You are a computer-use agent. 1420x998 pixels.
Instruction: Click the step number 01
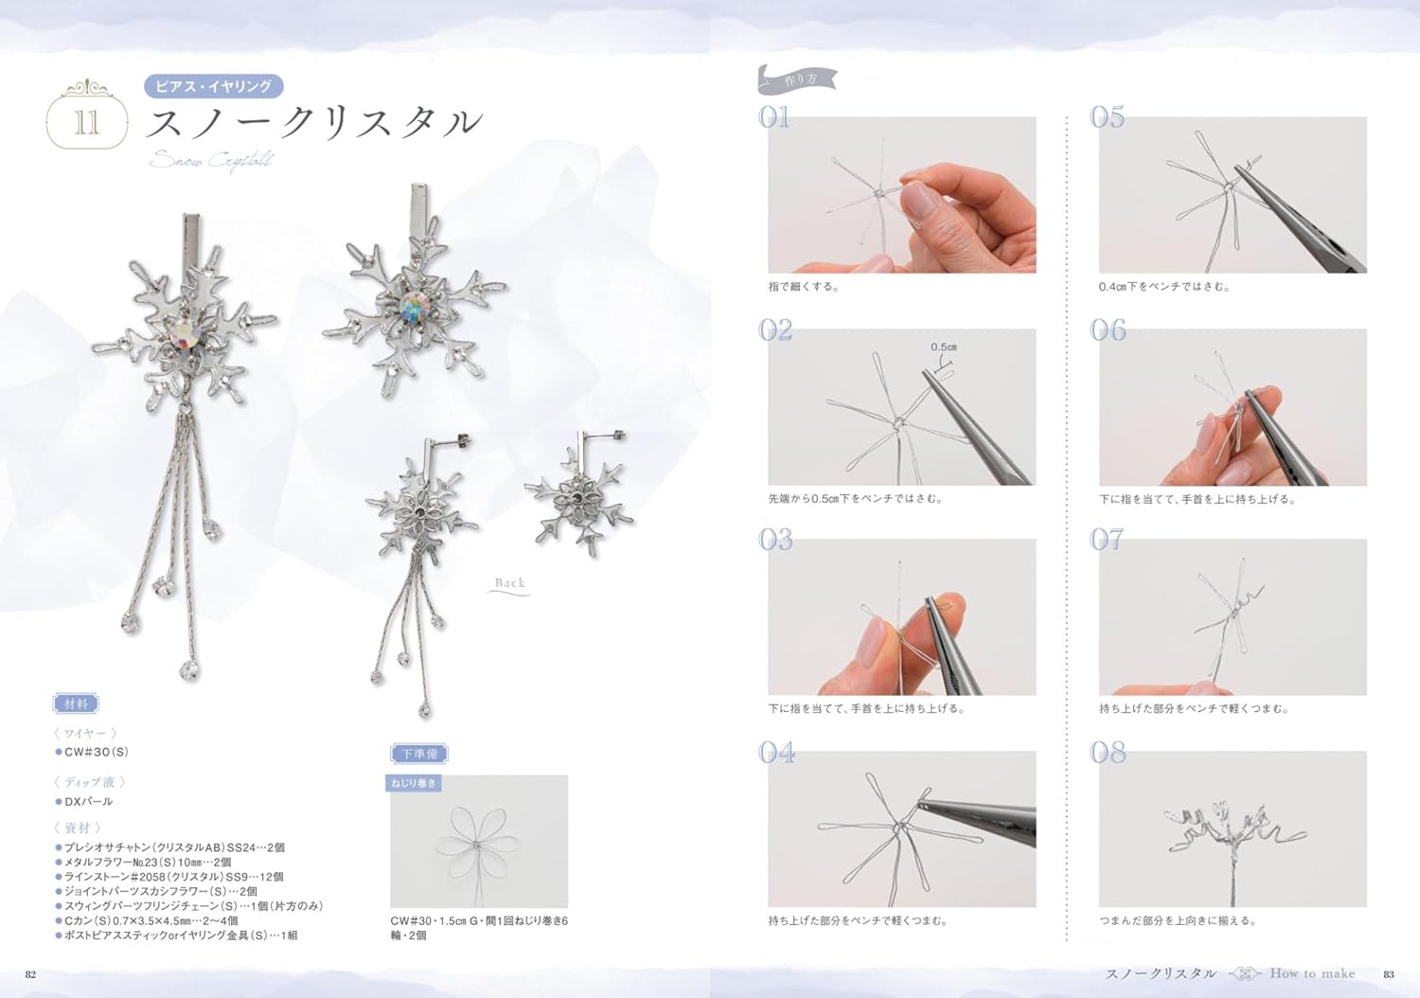(774, 117)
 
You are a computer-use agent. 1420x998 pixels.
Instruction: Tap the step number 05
(1107, 117)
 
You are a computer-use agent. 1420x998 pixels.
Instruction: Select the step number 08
(1108, 753)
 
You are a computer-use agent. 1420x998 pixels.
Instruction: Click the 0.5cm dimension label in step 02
(943, 348)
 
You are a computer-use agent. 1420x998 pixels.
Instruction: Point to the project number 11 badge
(86, 121)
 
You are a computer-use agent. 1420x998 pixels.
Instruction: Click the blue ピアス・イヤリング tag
(213, 86)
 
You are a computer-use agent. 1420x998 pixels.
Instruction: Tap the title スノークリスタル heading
(314, 123)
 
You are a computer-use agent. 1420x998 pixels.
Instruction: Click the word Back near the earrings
(509, 583)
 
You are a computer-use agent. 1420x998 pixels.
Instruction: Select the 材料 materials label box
(76, 704)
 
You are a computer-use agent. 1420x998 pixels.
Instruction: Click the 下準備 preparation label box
(418, 754)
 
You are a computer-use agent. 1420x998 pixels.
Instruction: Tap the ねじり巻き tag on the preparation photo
(414, 783)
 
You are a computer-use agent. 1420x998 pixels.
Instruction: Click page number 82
(30, 974)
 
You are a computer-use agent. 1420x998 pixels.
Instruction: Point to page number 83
(1389, 974)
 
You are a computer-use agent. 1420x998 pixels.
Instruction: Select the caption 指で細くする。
(804, 286)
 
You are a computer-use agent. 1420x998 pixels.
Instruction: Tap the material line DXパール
(88, 801)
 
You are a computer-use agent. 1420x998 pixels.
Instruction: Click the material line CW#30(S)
(96, 752)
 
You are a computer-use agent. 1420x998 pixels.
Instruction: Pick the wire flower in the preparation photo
(476, 841)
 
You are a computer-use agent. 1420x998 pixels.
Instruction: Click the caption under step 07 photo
(1194, 708)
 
